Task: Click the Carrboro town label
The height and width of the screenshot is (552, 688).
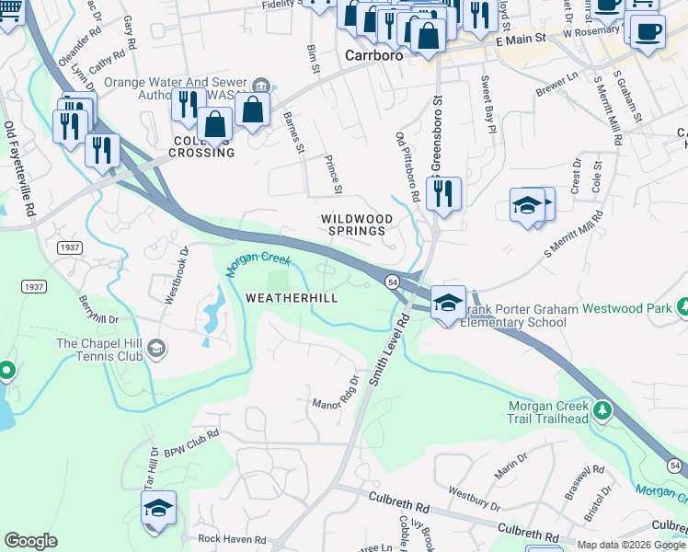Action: click(374, 55)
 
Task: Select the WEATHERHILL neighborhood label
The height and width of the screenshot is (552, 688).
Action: click(292, 298)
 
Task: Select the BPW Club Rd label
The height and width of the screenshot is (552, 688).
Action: click(191, 444)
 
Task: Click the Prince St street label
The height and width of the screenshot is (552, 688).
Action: click(333, 174)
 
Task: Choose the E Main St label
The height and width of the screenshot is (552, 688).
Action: click(521, 40)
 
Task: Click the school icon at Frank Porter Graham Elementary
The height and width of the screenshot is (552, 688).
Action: click(448, 302)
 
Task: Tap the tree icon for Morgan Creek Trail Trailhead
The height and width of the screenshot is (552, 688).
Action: click(603, 408)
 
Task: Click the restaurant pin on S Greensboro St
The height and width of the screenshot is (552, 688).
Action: click(443, 193)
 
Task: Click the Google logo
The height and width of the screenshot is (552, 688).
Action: click(30, 541)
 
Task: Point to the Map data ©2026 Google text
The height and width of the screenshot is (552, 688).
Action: click(631, 545)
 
